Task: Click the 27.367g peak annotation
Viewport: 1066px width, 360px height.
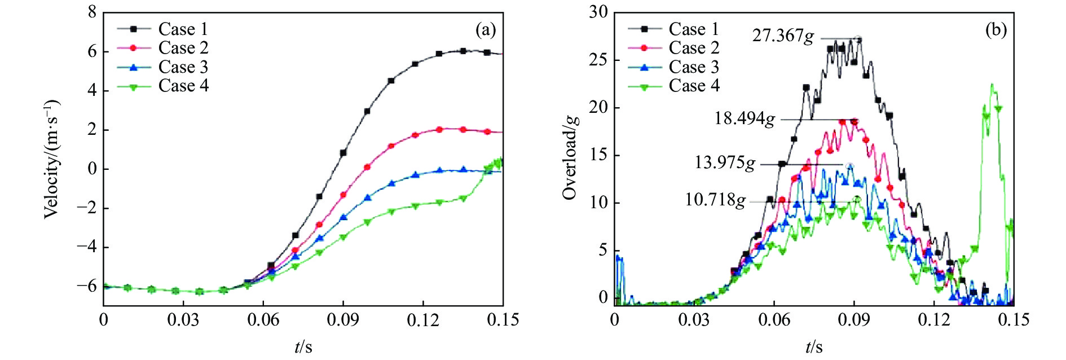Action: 783,36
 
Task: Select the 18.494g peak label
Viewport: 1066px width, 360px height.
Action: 745,118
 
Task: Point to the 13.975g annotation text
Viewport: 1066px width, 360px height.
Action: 724,163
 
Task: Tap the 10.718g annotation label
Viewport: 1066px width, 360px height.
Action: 715,200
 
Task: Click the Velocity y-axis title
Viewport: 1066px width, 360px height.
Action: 51,159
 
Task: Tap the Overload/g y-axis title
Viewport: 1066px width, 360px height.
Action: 570,160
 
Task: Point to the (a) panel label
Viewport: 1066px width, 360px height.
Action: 485,30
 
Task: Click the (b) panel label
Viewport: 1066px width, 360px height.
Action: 995,30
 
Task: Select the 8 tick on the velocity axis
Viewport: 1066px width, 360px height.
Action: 92,12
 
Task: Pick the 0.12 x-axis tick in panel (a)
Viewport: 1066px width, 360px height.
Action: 423,321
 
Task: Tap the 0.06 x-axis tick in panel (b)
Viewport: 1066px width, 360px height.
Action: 774,321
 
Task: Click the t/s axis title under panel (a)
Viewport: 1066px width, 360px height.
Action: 303,346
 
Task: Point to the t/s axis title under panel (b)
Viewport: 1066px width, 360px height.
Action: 814,346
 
